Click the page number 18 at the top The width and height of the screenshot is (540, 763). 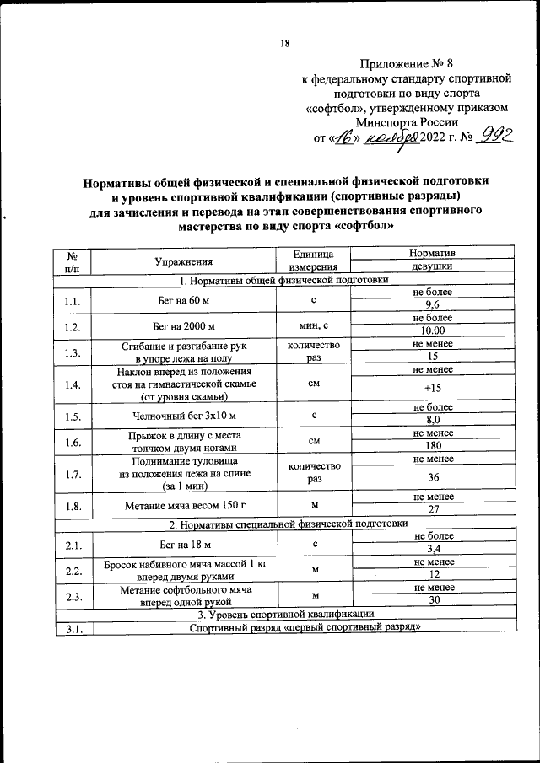point(284,44)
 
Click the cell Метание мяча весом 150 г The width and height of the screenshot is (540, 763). point(183,505)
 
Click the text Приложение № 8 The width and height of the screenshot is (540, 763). point(407,63)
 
